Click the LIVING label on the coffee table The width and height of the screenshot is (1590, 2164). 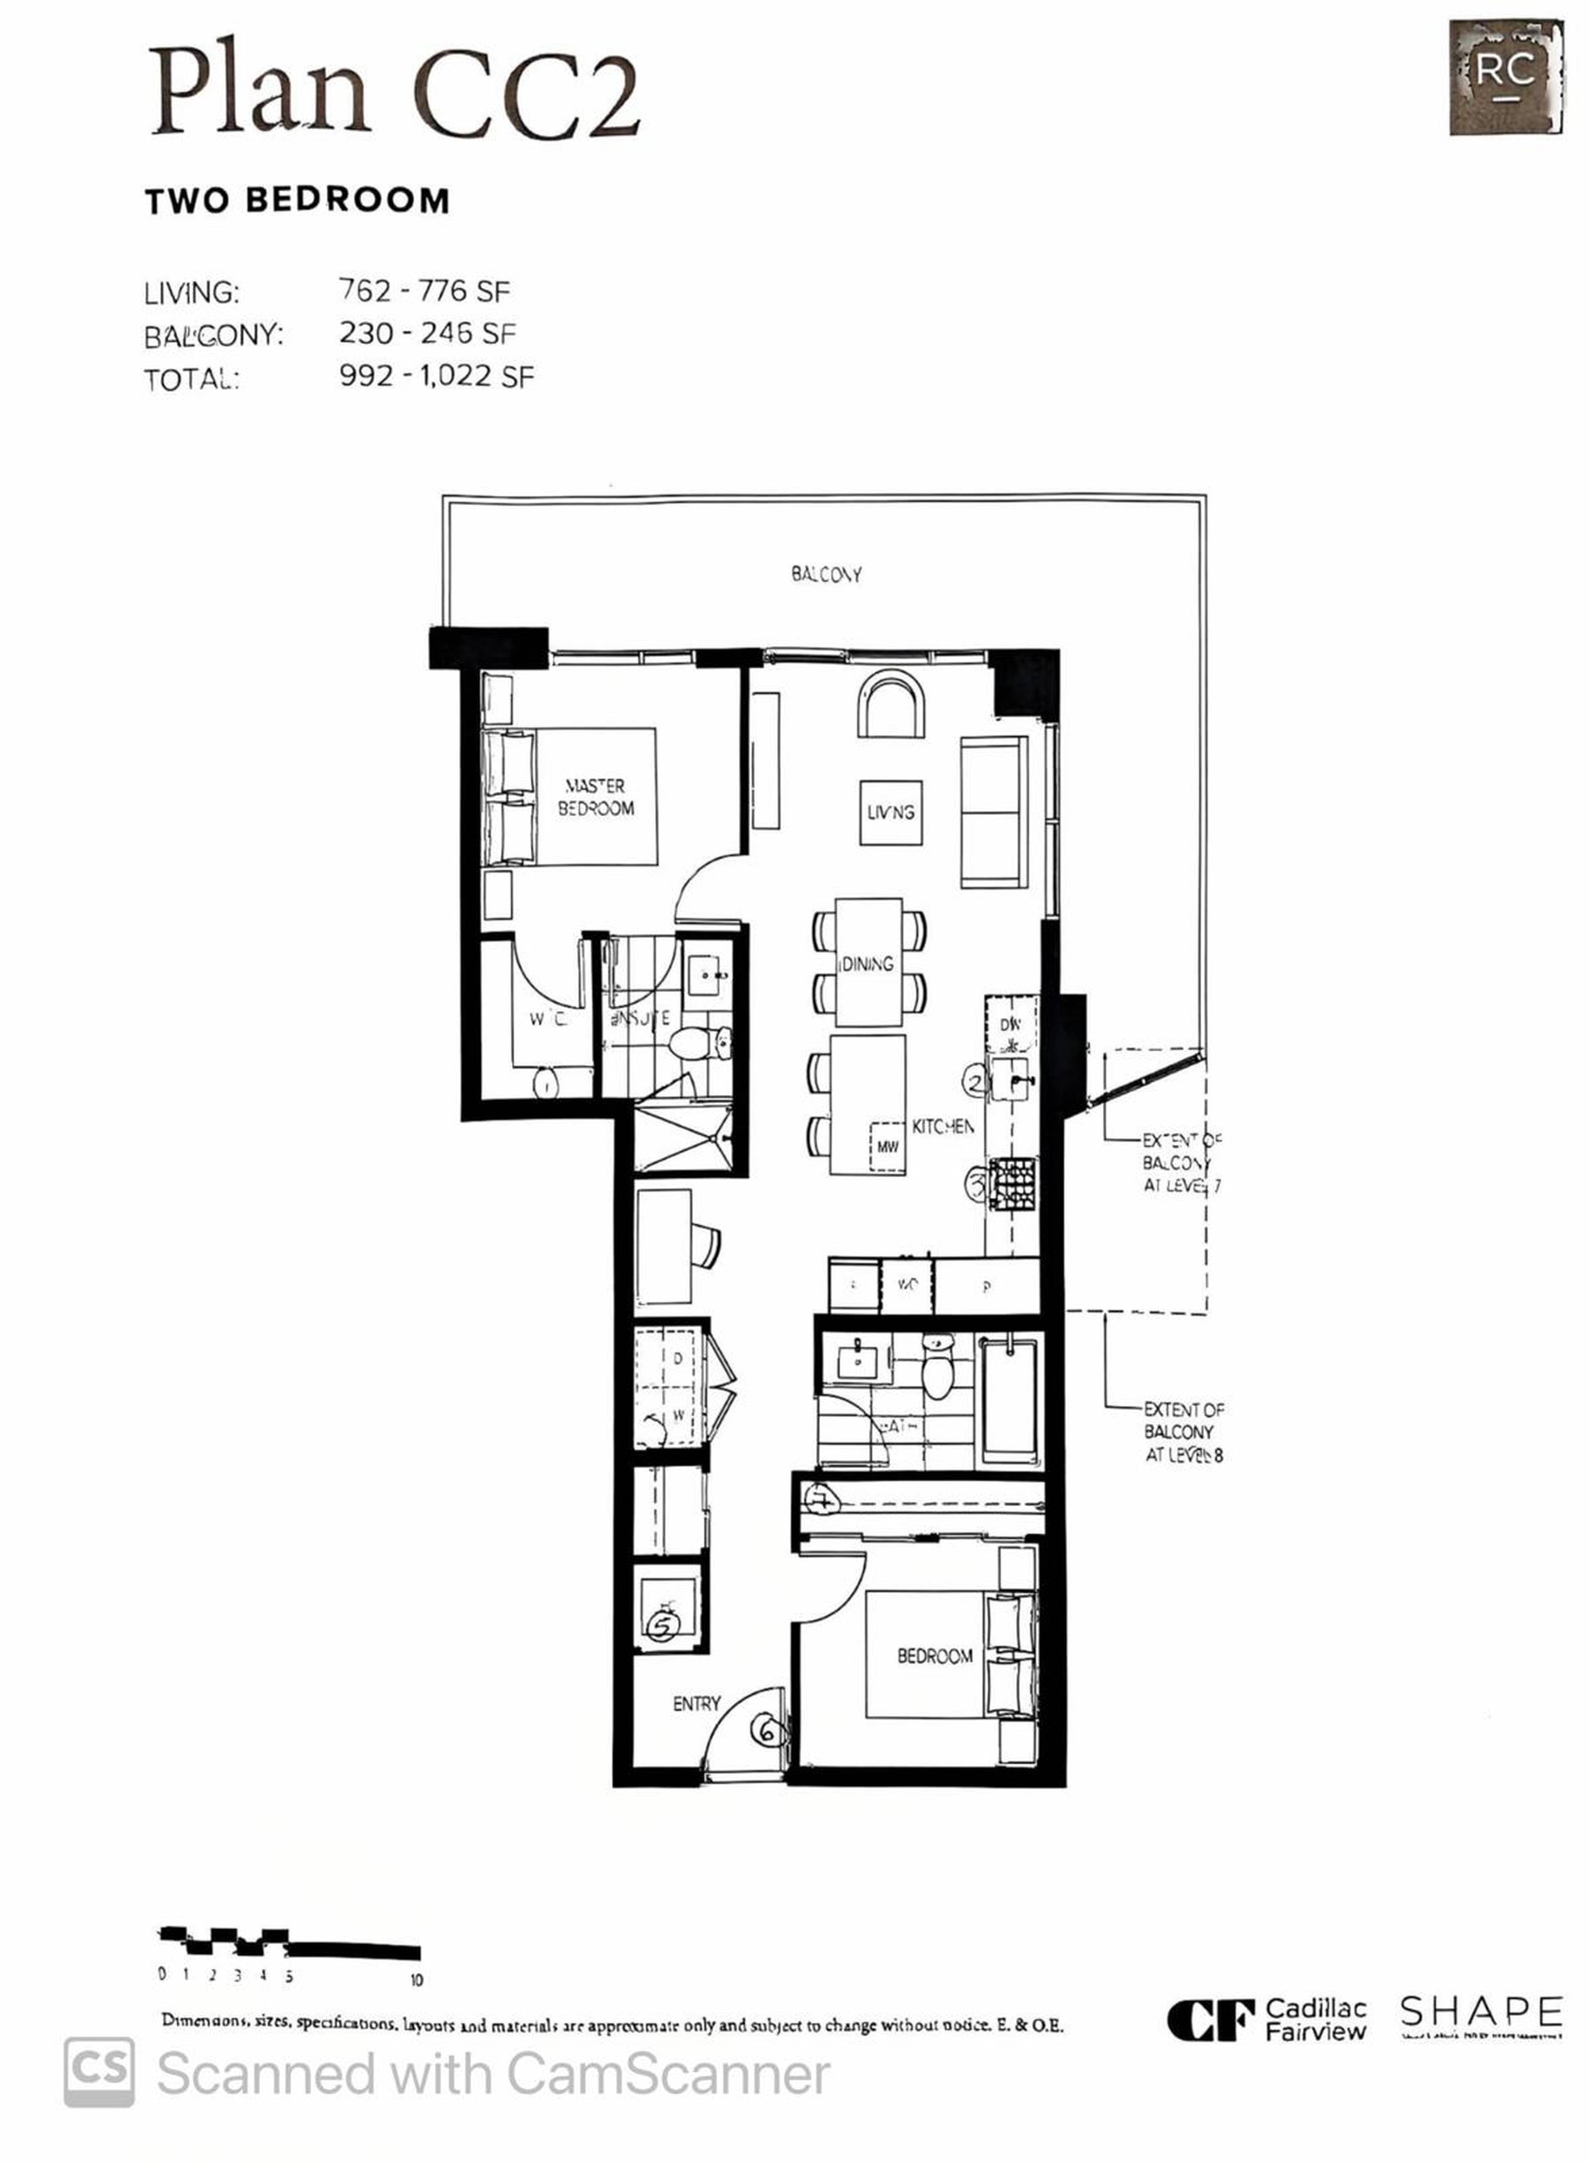pyautogui.click(x=890, y=812)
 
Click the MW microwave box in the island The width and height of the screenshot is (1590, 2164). pyautogui.click(x=887, y=1147)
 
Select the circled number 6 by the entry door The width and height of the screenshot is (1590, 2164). pyautogui.click(x=767, y=1732)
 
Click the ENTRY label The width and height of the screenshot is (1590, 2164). pyautogui.click(x=696, y=1704)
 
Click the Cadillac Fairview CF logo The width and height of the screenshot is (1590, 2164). pyautogui.click(x=1211, y=2021)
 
